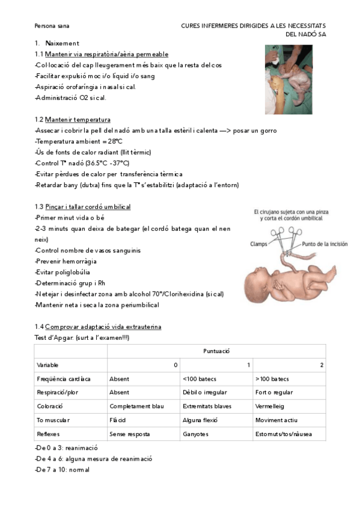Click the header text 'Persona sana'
52,26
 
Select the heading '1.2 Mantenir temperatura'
73,120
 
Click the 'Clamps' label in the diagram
259,244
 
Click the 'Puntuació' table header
216,351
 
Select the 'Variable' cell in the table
47,365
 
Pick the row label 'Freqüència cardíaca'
64,379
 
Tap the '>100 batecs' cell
272,379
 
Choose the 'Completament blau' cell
136,407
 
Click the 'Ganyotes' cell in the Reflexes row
196,434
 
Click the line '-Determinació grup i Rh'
70,283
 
